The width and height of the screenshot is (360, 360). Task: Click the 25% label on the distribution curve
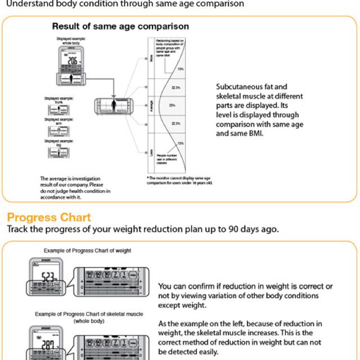click(x=172, y=105)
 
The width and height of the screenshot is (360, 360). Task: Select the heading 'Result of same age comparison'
click(x=120, y=26)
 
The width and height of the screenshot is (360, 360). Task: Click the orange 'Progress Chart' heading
click(x=48, y=217)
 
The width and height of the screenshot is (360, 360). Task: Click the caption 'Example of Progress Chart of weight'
click(x=83, y=250)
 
